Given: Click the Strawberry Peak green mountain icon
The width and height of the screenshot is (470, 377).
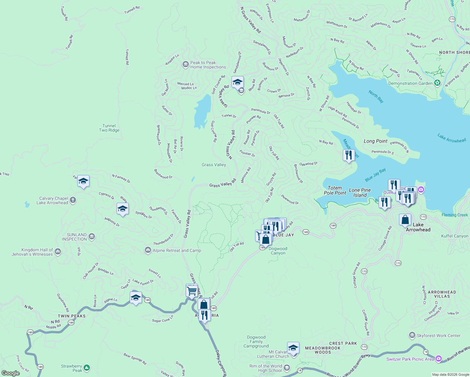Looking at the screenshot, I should (x=87, y=368).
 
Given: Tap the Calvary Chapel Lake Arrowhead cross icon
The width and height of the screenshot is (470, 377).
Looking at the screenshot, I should (x=73, y=200).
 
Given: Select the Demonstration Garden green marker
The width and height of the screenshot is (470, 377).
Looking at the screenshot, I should (x=437, y=83).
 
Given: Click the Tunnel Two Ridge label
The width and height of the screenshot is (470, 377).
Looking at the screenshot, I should (x=109, y=128).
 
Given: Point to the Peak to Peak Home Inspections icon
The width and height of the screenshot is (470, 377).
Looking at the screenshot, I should (x=185, y=64).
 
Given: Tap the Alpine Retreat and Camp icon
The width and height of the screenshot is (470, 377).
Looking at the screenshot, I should (x=148, y=250).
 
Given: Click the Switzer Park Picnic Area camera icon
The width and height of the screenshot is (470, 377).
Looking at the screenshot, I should (x=439, y=359).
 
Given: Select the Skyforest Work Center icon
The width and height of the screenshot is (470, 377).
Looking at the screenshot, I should (x=412, y=335).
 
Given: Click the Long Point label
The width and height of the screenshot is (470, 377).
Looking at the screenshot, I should (x=375, y=141).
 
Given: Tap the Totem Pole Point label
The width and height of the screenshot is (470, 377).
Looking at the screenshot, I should (x=335, y=190).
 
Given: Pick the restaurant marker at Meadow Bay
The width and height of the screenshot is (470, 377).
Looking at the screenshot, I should (x=349, y=155).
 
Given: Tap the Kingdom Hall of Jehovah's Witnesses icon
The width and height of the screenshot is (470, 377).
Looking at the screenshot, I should (x=58, y=251).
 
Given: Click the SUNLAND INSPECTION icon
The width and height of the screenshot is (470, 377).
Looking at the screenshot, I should (x=92, y=237).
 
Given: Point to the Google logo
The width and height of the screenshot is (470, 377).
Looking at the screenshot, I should (x=11, y=373).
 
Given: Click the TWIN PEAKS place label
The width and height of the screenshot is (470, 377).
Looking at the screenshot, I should (x=72, y=316).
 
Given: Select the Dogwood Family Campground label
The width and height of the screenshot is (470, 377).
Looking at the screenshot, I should (x=256, y=341).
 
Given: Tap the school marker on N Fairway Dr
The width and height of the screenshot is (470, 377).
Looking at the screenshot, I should (x=83, y=181).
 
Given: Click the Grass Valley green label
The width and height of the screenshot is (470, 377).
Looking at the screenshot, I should (x=214, y=165).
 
